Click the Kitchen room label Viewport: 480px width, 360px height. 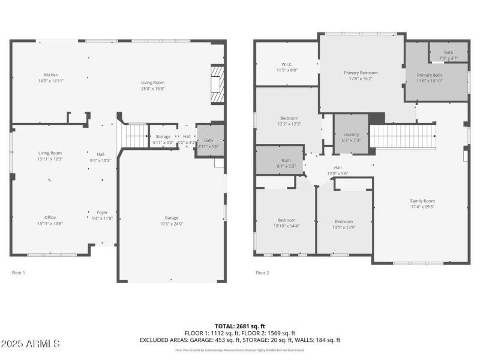click(50, 75)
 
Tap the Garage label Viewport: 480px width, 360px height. click(172, 218)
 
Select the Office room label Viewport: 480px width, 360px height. click(50, 217)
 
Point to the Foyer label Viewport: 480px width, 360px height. click(103, 212)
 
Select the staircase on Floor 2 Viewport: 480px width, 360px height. click(402, 136)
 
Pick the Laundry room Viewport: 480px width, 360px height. click(351, 134)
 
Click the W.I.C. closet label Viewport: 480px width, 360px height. click(287, 64)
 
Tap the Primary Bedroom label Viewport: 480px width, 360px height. click(361, 73)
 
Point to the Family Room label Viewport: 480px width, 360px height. click(422, 201)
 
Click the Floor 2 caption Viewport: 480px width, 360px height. click(262, 272)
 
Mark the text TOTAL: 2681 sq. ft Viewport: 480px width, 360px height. click(239, 326)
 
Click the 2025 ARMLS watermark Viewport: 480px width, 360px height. click(30, 344)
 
